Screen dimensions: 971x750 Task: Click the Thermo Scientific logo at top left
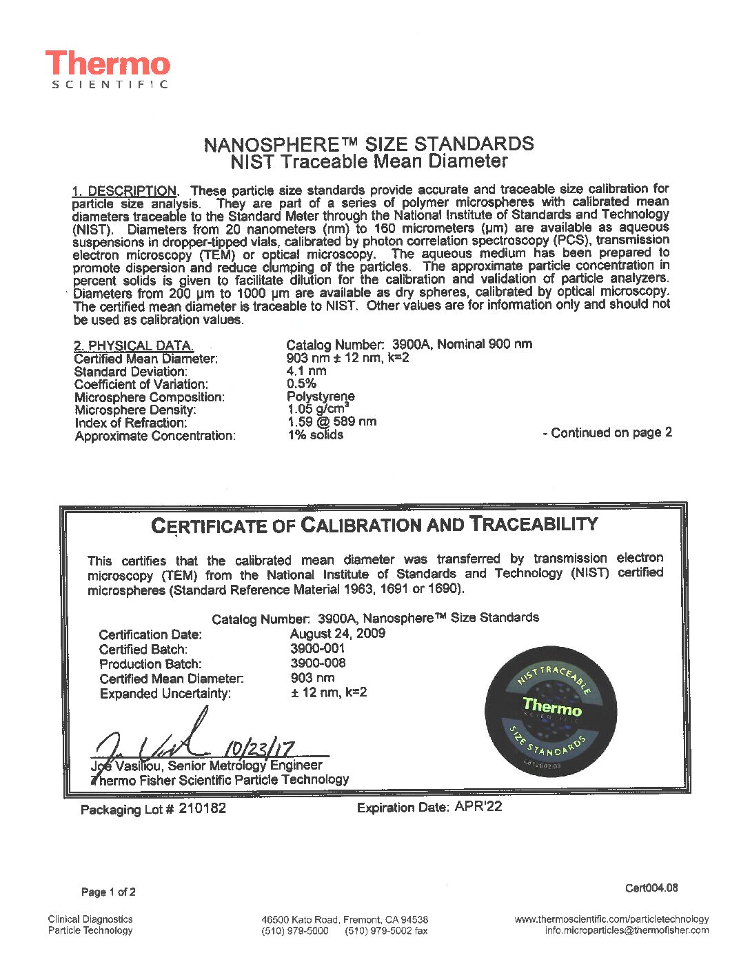coord(108,69)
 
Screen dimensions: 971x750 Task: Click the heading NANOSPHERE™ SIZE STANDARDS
coord(368,144)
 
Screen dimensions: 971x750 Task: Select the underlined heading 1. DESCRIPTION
coord(124,191)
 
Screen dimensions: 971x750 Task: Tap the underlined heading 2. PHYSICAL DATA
coord(134,346)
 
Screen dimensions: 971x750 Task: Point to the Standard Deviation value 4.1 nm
coord(306,371)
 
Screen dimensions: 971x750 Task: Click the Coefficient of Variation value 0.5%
coord(301,383)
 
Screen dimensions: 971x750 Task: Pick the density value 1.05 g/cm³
coord(316,409)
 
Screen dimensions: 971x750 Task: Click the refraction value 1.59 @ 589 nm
coord(332,421)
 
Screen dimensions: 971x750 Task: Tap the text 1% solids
coord(315,434)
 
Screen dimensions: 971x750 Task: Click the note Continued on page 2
coord(607,432)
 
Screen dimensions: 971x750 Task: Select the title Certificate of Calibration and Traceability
coord(374,525)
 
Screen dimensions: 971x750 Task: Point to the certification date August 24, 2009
coord(337,633)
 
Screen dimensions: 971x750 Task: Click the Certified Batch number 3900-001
coord(317,648)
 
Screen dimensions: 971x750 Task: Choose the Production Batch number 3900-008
coord(318,663)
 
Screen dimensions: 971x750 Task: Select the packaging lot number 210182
coord(202,808)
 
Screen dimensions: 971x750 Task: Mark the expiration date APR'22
coord(478,806)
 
